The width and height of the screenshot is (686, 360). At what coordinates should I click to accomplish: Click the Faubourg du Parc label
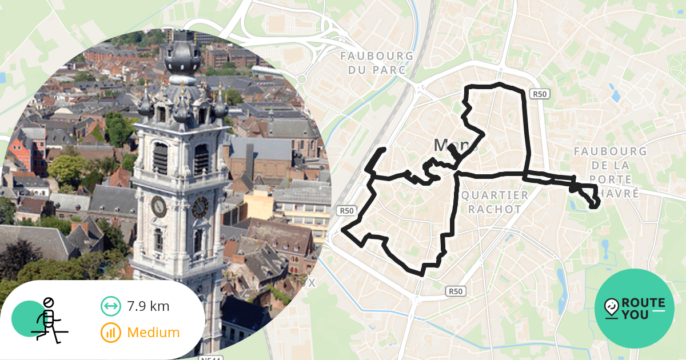(377, 63)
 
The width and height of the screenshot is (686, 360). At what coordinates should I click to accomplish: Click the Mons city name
(456, 146)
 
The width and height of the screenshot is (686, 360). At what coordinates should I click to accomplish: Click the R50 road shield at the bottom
(455, 291)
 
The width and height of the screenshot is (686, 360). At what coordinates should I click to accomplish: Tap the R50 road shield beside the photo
(347, 211)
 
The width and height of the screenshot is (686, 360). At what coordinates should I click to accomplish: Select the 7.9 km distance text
(148, 306)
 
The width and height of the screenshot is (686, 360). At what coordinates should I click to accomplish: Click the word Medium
(153, 332)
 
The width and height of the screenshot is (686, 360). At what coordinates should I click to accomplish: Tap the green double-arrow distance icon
(110, 306)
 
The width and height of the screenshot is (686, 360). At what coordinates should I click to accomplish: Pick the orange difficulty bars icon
(110, 332)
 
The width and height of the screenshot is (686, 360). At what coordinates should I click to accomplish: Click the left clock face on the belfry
(158, 206)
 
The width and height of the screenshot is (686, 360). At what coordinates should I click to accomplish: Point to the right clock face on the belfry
(200, 207)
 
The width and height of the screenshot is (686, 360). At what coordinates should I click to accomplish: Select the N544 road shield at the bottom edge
(211, 358)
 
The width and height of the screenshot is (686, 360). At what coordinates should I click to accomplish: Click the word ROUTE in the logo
(643, 302)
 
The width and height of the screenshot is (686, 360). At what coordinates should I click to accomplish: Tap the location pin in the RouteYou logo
(611, 307)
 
